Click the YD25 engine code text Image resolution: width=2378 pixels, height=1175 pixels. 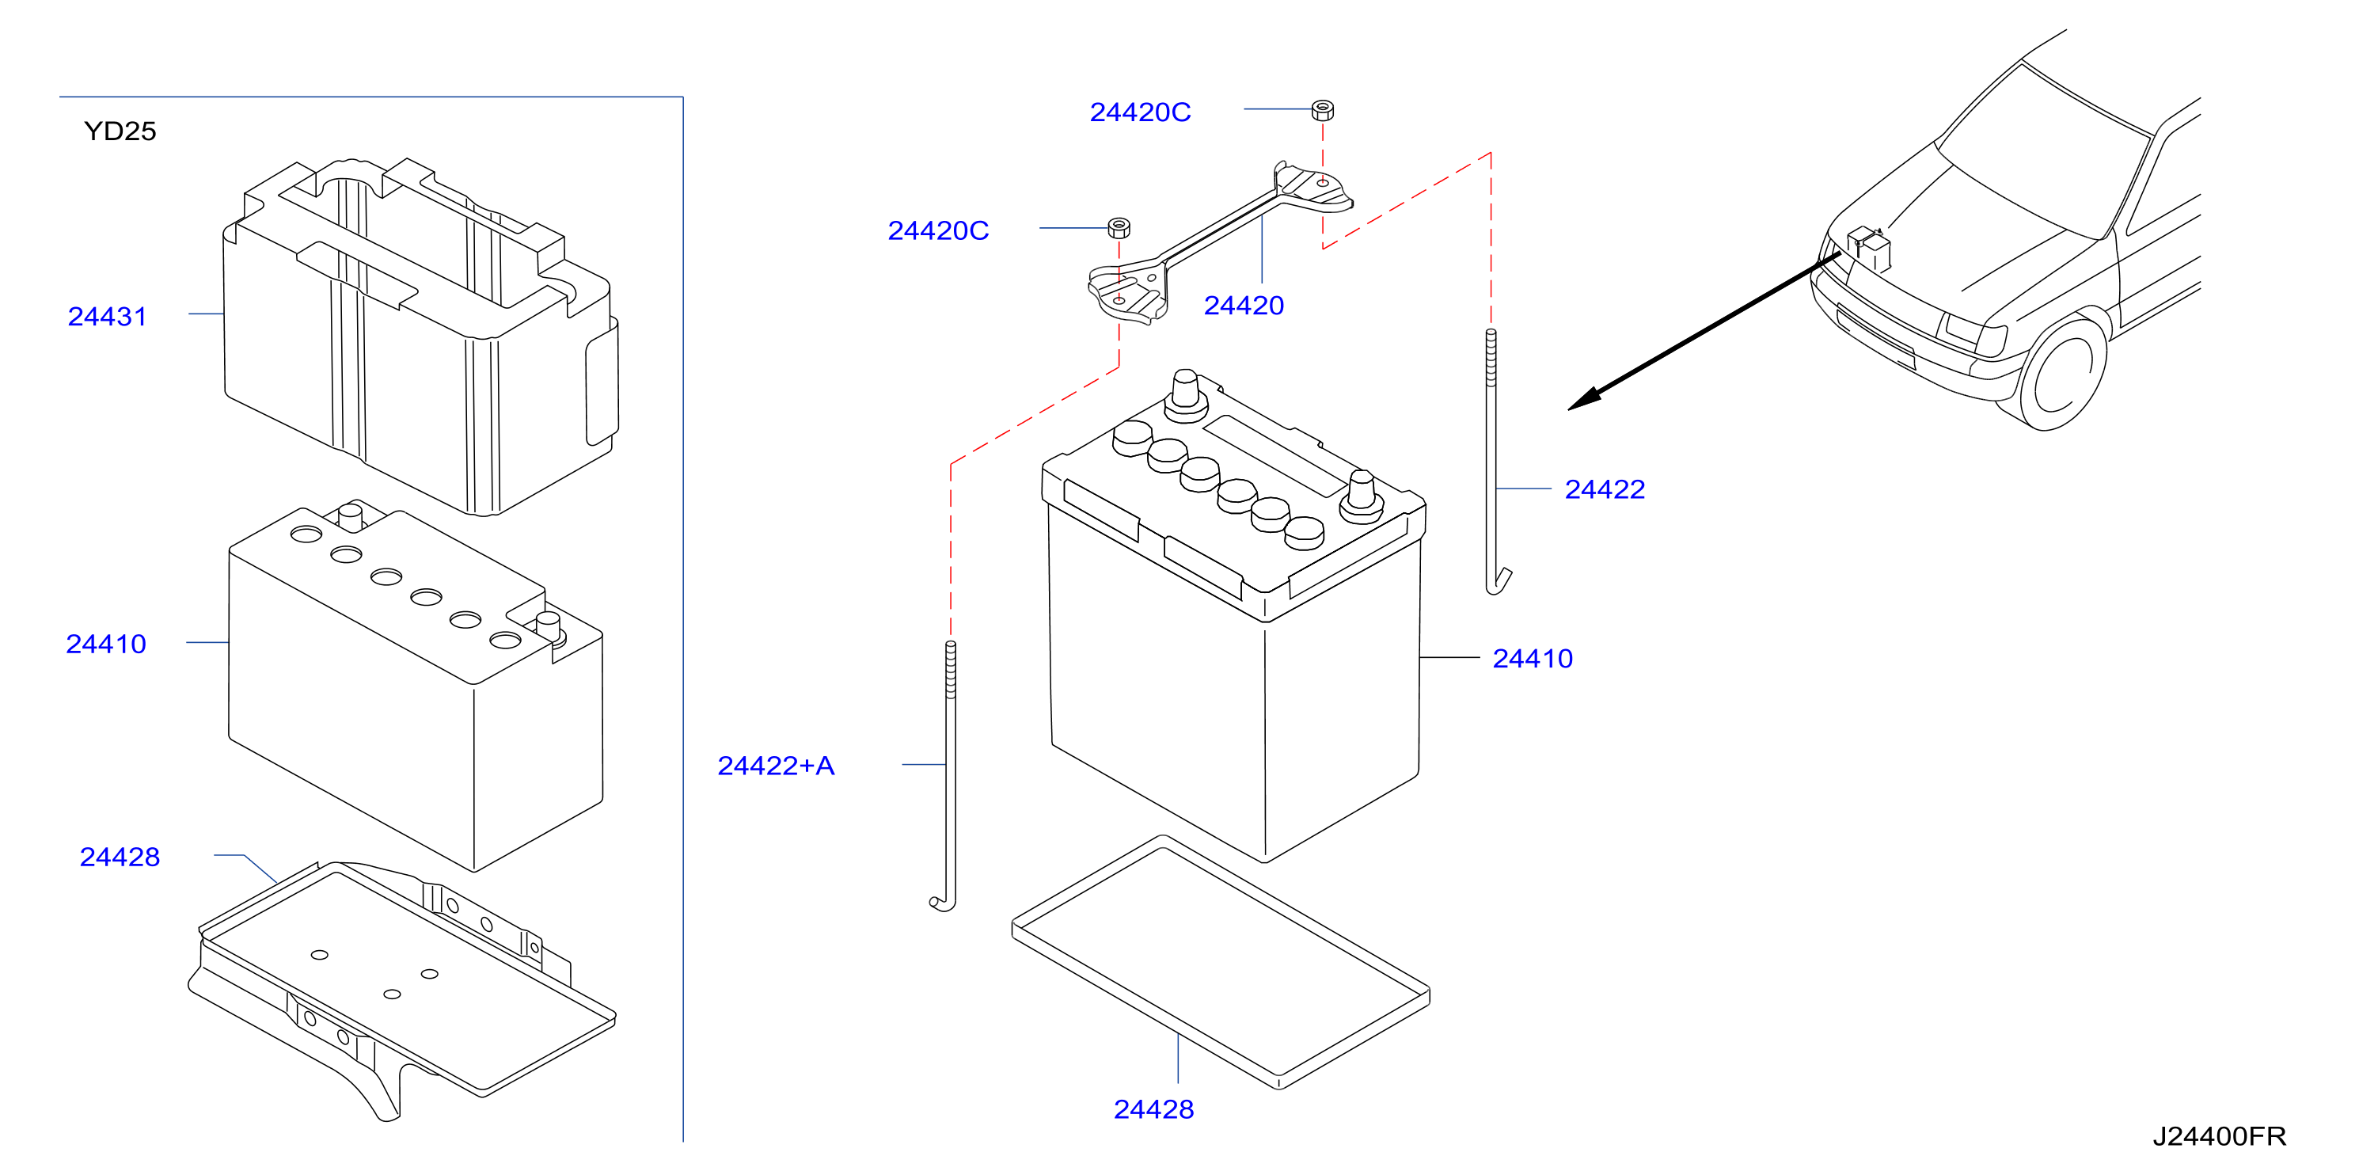tap(120, 131)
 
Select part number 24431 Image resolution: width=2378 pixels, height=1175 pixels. tap(107, 317)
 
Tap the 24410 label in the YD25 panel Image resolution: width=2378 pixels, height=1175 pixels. tap(106, 644)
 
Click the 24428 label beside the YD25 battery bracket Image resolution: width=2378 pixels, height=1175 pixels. tap(120, 857)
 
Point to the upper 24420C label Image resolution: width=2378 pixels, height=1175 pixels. tap(1140, 112)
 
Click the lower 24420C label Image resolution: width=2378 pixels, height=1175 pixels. tap(938, 230)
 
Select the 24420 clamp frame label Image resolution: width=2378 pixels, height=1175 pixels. tap(1244, 306)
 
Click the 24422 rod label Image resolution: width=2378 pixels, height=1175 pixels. tap(1605, 489)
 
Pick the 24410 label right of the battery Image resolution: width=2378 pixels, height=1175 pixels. tap(1533, 658)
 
